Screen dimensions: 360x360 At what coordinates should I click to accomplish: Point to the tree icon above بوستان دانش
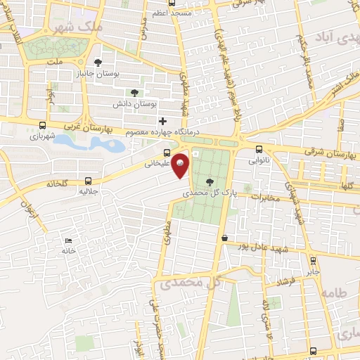click(x=134, y=91)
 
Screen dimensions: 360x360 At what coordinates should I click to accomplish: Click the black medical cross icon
click(x=163, y=121)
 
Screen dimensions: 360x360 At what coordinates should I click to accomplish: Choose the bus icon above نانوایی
click(x=259, y=149)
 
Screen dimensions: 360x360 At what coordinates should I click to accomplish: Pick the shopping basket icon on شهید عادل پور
click(x=224, y=239)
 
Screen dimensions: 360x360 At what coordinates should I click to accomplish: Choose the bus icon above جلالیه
click(x=88, y=180)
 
